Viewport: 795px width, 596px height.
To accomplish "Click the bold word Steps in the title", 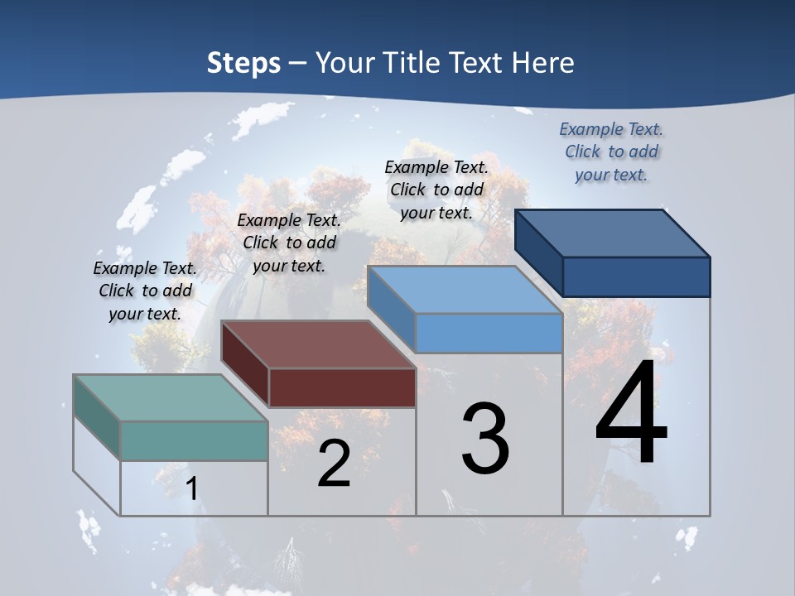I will (x=243, y=63).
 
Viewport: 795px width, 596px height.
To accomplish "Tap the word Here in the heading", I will (x=543, y=63).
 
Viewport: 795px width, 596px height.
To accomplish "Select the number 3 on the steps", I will (x=485, y=439).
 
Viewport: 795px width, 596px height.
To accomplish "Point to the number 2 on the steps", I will (x=334, y=464).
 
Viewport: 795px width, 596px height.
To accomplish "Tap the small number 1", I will (x=192, y=488).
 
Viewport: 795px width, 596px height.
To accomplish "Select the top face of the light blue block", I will (x=465, y=290).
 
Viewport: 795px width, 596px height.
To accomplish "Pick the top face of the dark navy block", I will (x=612, y=233).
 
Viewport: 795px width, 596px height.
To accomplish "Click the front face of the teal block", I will (x=194, y=440).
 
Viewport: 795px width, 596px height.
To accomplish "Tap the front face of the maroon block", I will (x=342, y=387).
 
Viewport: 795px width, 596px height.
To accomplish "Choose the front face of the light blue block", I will (x=489, y=334).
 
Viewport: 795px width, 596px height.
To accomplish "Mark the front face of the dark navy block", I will (x=636, y=276).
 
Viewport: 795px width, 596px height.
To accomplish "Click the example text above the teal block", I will (x=145, y=291).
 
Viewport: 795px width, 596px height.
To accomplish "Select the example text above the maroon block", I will (x=289, y=243).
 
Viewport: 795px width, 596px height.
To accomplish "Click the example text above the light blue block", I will (x=436, y=190).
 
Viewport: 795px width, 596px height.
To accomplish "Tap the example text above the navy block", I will (x=611, y=151).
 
